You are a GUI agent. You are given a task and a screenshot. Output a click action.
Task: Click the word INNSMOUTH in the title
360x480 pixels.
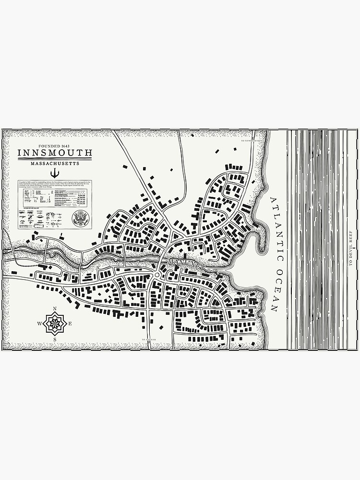coord(55,153)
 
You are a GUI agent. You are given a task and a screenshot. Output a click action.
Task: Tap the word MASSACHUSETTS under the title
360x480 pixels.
coord(55,164)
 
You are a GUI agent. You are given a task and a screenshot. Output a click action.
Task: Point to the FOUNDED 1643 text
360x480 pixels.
coord(55,145)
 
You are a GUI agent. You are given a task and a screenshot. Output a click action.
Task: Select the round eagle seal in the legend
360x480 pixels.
coord(80,218)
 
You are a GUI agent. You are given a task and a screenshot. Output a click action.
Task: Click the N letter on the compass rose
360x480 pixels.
coord(55,309)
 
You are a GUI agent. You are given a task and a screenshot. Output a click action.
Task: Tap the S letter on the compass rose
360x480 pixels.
coord(55,339)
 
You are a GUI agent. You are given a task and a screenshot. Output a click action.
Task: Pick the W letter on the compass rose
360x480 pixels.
coord(39,324)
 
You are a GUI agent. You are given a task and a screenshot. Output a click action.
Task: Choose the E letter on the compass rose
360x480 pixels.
coord(70,324)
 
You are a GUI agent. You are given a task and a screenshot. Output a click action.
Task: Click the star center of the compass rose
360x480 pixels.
coord(55,324)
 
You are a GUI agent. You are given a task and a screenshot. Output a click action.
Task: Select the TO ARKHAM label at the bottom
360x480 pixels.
coord(150,339)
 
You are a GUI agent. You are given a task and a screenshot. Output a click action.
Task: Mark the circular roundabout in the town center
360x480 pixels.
coord(157,275)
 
